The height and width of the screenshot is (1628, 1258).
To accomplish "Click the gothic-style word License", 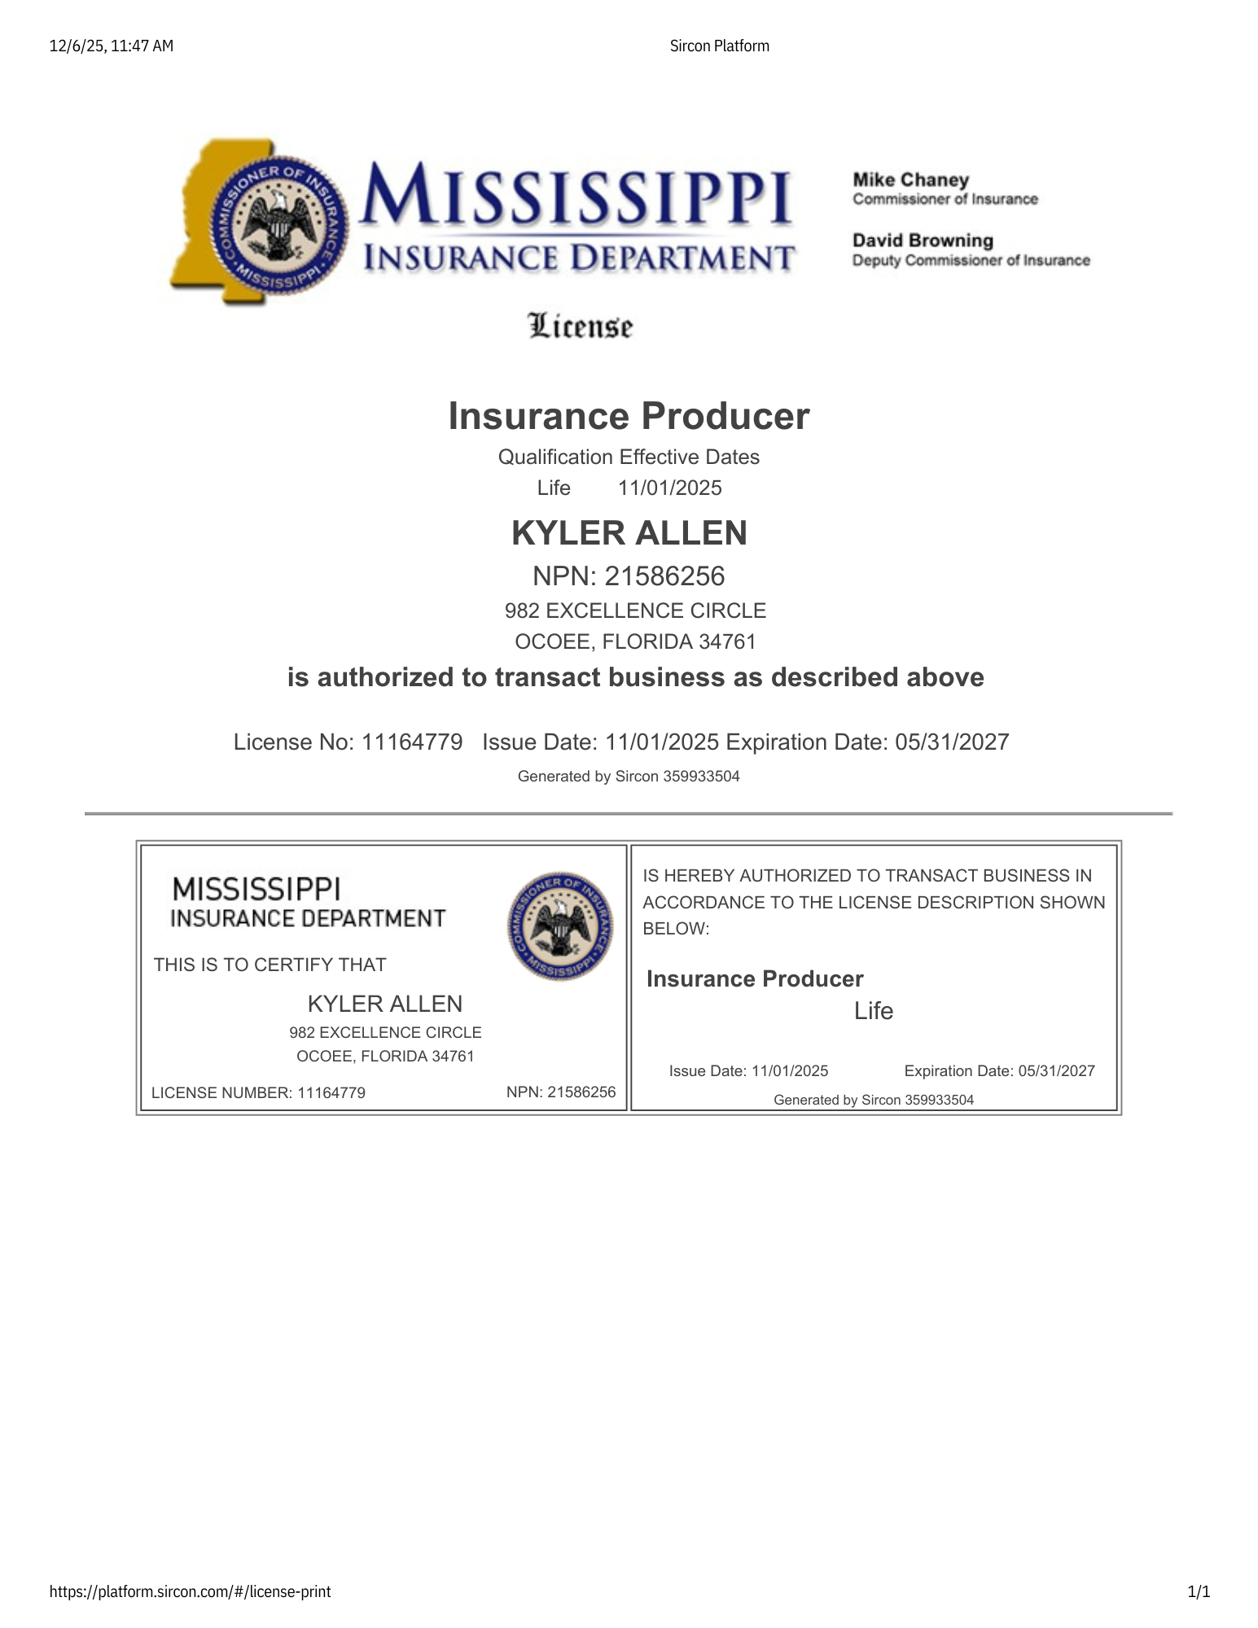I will tap(581, 326).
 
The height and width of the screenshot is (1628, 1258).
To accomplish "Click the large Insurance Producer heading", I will tap(629, 416).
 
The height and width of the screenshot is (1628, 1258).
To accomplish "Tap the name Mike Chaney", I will tap(910, 180).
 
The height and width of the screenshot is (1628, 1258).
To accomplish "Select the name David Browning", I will tap(923, 241).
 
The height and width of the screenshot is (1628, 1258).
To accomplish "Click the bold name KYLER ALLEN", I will tap(629, 533).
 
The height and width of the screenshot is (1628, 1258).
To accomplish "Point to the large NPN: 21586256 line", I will tap(629, 576).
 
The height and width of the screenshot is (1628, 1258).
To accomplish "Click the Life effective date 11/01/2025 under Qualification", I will tap(669, 488).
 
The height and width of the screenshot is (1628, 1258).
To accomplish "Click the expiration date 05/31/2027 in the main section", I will tap(952, 742).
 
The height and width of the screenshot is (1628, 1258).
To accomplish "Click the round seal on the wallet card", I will tap(560, 926).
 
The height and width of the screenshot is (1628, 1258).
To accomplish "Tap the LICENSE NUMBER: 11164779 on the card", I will tap(258, 1093).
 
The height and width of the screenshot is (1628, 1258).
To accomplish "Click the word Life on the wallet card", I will tap(874, 1011).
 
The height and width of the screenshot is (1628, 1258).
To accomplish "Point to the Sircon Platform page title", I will tap(719, 46).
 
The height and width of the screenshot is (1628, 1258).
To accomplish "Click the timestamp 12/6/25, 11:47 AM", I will tap(112, 46).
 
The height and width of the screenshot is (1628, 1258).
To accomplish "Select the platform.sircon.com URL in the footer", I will tap(190, 1591).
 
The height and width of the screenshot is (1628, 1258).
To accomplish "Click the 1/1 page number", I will tap(1199, 1591).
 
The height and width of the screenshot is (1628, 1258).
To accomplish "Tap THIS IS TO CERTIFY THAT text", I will tap(270, 965).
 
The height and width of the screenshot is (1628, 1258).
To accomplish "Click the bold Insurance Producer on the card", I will tap(754, 979).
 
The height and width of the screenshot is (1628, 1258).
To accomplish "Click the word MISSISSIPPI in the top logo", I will tap(576, 195).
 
